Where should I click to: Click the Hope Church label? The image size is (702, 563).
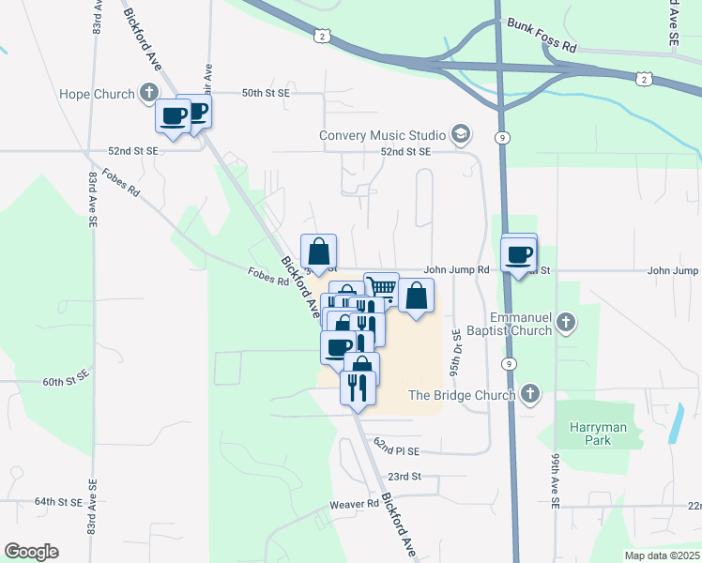click(x=97, y=93)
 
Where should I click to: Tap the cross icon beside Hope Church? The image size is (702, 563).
click(x=149, y=92)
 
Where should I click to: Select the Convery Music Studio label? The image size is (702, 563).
click(x=381, y=135)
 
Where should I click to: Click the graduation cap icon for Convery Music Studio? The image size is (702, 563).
click(x=459, y=135)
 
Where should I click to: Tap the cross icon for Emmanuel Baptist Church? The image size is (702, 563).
click(x=565, y=322)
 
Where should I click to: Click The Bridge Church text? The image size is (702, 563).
click(x=462, y=395)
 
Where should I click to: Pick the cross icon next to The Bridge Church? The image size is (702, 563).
click(x=530, y=394)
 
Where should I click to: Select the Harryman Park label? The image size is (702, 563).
click(x=597, y=434)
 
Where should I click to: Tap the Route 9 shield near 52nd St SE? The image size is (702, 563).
click(x=504, y=138)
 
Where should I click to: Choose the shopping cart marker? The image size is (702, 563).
click(x=381, y=288)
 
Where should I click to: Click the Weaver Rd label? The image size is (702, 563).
click(x=354, y=505)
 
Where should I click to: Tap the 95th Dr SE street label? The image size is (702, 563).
click(x=455, y=352)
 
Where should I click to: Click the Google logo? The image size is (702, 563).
click(x=31, y=552)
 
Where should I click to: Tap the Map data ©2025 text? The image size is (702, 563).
click(x=661, y=555)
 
